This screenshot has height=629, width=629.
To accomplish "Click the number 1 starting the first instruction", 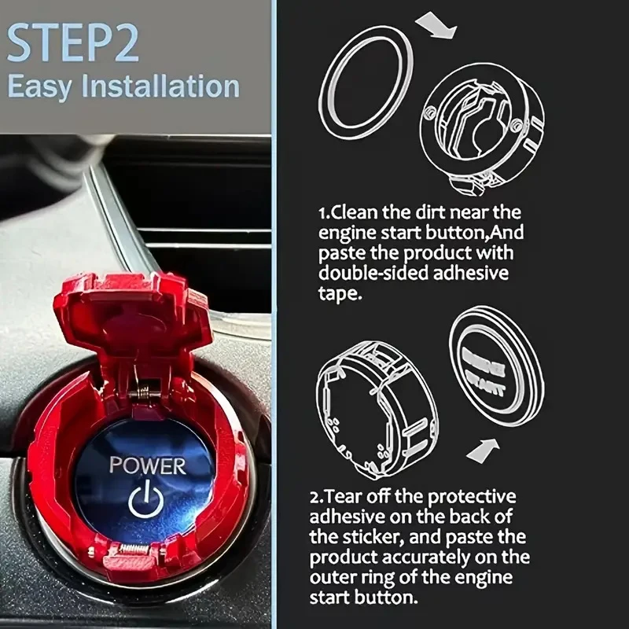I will tap(322, 213).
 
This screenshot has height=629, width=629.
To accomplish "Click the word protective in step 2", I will tap(476, 498).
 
